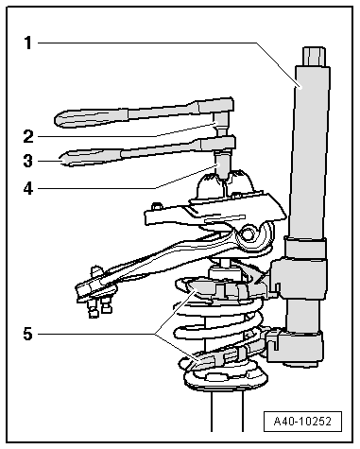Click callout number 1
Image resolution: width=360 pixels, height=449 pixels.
click(28, 43)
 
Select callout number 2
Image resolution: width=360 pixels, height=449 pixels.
click(28, 137)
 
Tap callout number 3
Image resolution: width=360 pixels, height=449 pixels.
click(28, 161)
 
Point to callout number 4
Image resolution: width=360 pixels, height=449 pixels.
click(28, 188)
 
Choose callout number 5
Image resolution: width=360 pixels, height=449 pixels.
click(28, 334)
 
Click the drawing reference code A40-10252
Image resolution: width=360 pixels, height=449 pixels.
click(302, 422)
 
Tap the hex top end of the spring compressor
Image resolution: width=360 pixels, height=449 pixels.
click(314, 57)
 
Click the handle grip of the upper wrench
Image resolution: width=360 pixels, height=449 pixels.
click(92, 117)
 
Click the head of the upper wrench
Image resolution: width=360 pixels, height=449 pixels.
click(215, 106)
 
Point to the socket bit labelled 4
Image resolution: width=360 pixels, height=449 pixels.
click(223, 165)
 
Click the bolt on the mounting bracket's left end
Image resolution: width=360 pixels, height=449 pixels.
click(156, 207)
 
